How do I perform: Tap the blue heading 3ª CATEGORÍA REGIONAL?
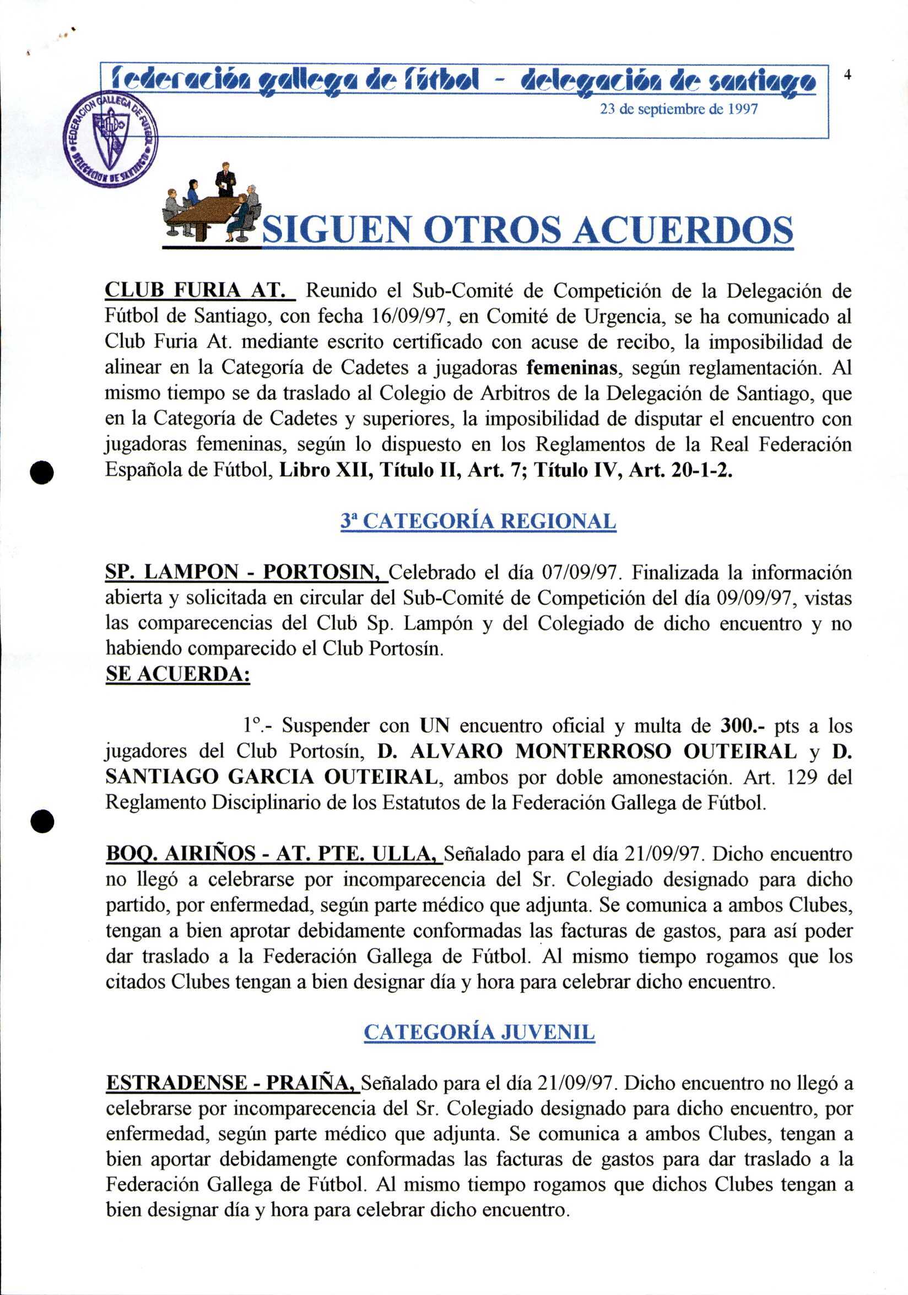(x=478, y=521)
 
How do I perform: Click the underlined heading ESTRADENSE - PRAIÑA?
(x=232, y=1083)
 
